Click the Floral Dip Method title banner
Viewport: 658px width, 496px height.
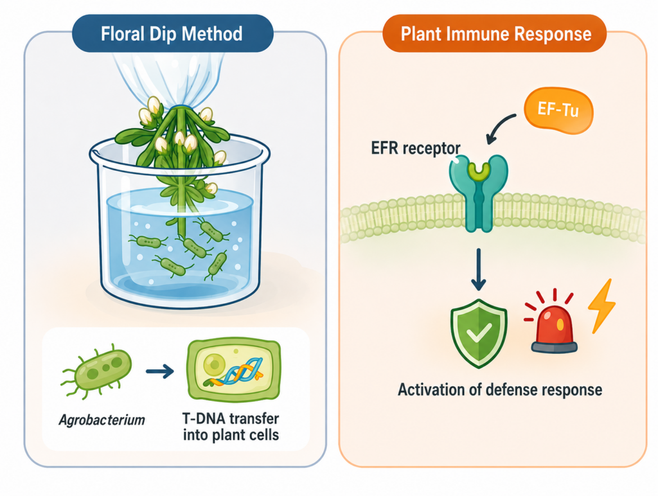pyautogui.click(x=172, y=33)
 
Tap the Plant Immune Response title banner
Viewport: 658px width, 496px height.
pyautogui.click(x=495, y=33)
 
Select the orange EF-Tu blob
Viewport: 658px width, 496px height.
pyautogui.click(x=558, y=110)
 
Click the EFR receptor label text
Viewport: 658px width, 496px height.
pyautogui.click(x=416, y=148)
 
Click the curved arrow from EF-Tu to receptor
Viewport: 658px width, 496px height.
pyautogui.click(x=498, y=125)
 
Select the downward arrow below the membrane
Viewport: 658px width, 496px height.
pyautogui.click(x=478, y=269)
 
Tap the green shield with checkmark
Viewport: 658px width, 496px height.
pyautogui.click(x=478, y=333)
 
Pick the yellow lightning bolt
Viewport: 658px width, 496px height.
pyautogui.click(x=601, y=306)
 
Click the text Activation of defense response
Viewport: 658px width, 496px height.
pyautogui.click(x=500, y=390)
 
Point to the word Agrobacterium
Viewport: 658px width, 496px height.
pyautogui.click(x=102, y=420)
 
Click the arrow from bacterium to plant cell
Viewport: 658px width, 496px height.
pyautogui.click(x=160, y=371)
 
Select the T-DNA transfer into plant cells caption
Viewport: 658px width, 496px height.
pyautogui.click(x=231, y=427)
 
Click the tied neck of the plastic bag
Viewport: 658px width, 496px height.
pyautogui.click(x=180, y=106)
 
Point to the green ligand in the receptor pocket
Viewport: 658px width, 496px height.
pyautogui.click(x=479, y=170)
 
